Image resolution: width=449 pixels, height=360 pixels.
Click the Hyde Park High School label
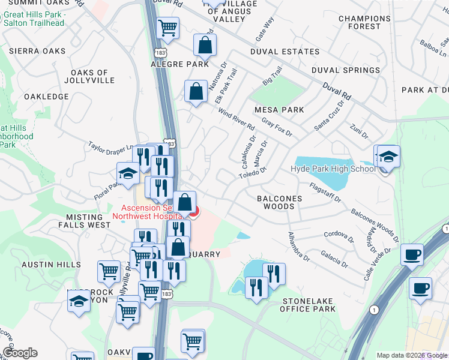tap(333, 169)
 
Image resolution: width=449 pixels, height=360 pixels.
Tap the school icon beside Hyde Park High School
tap(389, 158)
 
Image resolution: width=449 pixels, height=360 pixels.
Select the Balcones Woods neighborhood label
tap(276, 202)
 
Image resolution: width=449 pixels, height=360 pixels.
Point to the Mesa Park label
tap(279, 110)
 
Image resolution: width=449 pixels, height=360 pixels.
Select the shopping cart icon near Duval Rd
tap(167, 28)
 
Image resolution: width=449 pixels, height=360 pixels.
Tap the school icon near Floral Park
tap(127, 175)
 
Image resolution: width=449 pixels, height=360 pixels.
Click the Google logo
tap(20, 353)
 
